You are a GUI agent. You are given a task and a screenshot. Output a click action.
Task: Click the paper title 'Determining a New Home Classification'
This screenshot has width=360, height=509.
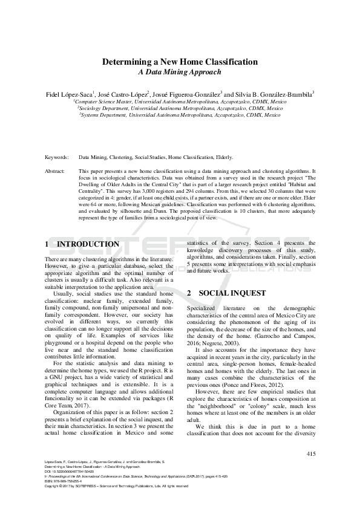click(x=180, y=62)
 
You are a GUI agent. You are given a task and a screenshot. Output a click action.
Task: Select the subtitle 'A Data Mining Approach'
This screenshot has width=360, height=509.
click(x=180, y=72)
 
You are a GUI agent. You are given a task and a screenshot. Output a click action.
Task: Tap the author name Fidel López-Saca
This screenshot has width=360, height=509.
click(x=71, y=94)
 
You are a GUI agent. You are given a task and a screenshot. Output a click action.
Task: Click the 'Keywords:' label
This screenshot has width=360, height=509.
click(x=57, y=157)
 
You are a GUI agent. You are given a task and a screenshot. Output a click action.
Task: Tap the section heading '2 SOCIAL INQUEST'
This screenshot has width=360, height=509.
click(x=226, y=293)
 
